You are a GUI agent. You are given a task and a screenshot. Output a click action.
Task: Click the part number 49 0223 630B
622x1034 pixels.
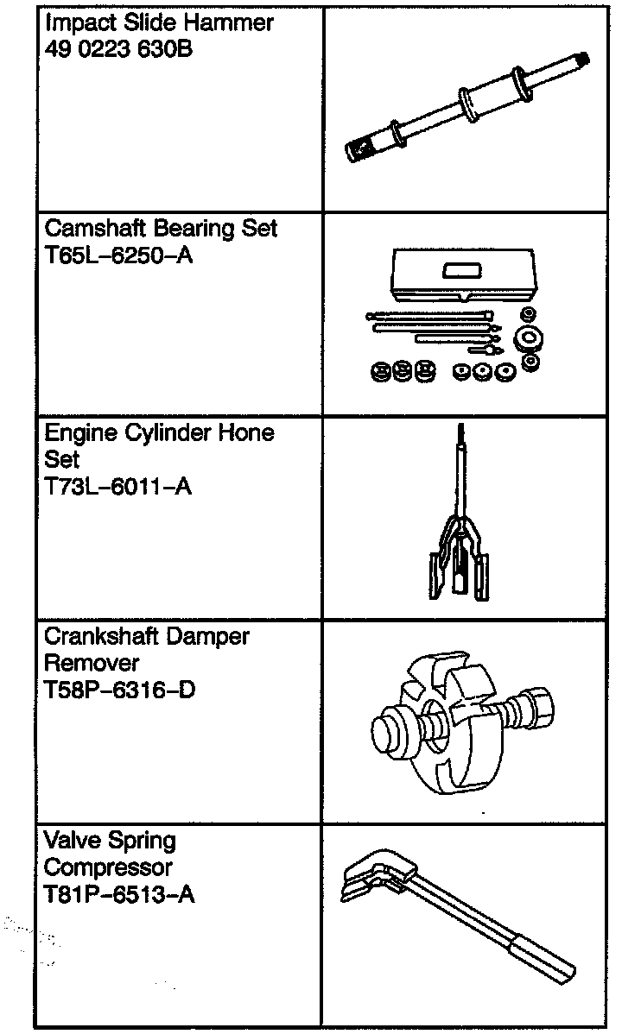[x=118, y=50]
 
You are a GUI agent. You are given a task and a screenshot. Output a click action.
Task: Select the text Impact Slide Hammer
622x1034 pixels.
[x=158, y=23]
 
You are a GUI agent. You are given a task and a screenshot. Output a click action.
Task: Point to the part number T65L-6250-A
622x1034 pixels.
[x=118, y=257]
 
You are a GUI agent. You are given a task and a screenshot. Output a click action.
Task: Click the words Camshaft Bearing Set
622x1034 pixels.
[x=161, y=230]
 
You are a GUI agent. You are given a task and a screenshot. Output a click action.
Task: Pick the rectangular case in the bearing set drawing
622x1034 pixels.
[x=465, y=274]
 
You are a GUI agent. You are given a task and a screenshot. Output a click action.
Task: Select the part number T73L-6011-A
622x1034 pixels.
[x=117, y=487]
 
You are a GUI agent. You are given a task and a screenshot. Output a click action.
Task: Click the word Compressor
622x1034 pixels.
[x=108, y=867]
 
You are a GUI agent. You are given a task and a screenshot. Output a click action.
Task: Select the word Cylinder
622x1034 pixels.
[x=162, y=432]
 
